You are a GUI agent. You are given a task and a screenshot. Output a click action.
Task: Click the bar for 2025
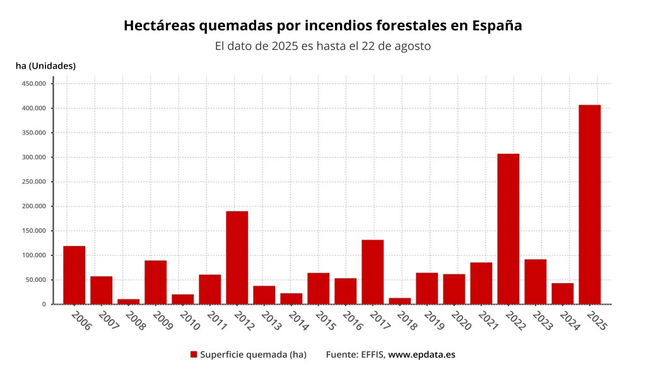point(589,204)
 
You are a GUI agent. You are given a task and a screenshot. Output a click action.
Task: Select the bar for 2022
point(508,229)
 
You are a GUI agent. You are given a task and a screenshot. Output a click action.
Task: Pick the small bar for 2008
point(128,301)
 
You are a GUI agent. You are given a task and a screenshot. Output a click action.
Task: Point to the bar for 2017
point(372,272)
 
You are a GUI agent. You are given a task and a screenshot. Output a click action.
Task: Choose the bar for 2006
point(74,275)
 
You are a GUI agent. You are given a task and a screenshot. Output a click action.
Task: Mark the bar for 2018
point(399,301)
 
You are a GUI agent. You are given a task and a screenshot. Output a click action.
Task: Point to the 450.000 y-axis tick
point(33,84)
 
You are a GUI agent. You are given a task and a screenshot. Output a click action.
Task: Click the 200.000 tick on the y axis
point(33,206)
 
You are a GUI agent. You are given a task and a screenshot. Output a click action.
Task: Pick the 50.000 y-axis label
point(35,280)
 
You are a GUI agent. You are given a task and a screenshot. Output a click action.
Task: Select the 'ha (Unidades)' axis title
point(45,66)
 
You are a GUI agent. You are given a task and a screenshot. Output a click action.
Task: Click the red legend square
point(194,354)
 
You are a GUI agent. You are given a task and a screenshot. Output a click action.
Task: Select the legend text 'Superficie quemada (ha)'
point(253,354)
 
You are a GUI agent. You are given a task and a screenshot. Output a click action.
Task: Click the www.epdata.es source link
point(421,354)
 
